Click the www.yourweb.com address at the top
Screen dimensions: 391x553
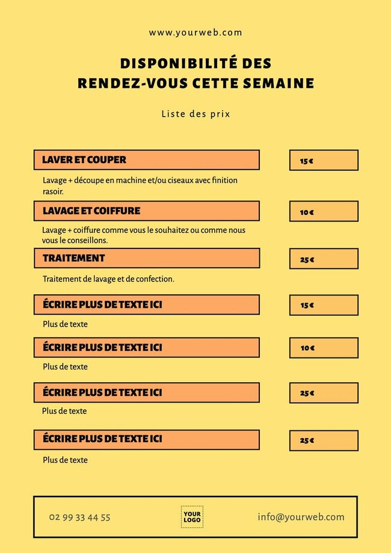point(195,33)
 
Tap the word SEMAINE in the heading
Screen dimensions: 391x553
point(278,84)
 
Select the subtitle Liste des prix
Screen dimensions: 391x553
point(195,114)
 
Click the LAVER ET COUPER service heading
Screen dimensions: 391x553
point(84,160)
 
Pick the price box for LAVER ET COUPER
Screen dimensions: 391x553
point(324,161)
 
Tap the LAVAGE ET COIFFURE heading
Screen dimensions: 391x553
point(91,211)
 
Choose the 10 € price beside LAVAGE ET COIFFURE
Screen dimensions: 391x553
point(324,212)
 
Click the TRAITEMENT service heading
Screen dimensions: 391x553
point(74,258)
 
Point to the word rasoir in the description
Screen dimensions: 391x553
point(52,191)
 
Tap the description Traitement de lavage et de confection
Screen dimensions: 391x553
point(108,279)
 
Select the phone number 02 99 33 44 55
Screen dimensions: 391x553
point(80,517)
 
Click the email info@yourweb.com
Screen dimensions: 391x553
point(301,517)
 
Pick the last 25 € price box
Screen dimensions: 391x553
point(324,440)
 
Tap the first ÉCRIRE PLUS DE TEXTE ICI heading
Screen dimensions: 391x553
point(102,305)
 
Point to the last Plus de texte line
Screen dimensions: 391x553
point(65,460)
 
